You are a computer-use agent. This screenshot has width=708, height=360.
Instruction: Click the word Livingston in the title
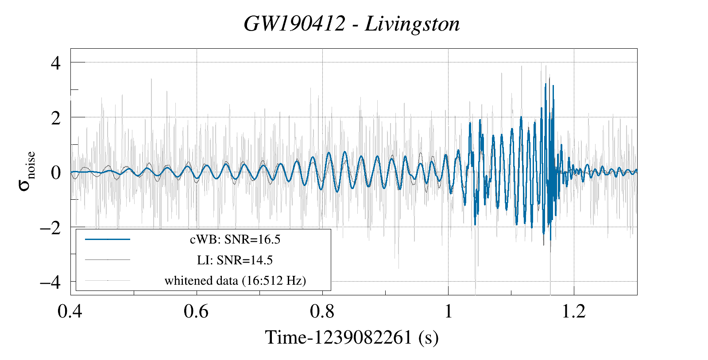pos(412,24)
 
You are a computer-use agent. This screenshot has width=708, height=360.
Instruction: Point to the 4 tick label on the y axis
pos(55,63)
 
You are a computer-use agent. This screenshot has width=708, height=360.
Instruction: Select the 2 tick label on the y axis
pos(55,118)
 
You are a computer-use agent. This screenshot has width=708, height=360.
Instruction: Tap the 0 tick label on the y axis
pos(55,172)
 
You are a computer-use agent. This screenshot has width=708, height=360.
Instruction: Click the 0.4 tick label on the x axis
pos(70,311)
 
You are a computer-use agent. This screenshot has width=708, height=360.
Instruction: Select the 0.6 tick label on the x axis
pos(196,311)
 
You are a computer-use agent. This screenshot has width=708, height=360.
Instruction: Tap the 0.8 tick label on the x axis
pos(322,311)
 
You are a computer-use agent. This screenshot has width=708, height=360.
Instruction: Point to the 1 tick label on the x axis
pos(448,311)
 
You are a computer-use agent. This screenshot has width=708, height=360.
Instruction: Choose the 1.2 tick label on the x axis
pos(574,311)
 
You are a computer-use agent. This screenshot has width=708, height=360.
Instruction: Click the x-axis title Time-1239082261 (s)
pos(352,338)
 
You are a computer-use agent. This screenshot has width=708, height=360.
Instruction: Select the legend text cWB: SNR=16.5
pos(235,240)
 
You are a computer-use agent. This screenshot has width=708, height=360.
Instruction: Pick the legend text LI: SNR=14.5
pos(235,260)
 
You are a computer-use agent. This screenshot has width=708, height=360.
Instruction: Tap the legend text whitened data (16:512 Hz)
pos(235,280)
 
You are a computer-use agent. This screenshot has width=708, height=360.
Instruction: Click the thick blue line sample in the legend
pos(108,240)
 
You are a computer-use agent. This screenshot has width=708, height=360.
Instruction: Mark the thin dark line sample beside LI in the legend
pos(108,260)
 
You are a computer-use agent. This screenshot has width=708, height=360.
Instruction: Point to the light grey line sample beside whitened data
pos(108,280)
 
